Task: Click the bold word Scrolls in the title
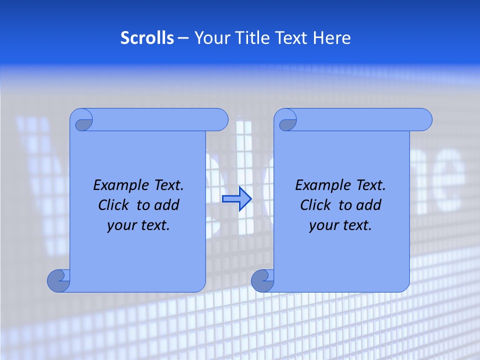coord(147,38)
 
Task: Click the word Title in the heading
coord(250,38)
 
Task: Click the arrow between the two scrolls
coord(236,199)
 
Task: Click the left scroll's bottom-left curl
coord(59,280)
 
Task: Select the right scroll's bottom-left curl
coord(262,280)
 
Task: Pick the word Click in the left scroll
coord(113,205)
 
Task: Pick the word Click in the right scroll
coord(315,205)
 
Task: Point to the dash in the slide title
coord(183,38)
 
